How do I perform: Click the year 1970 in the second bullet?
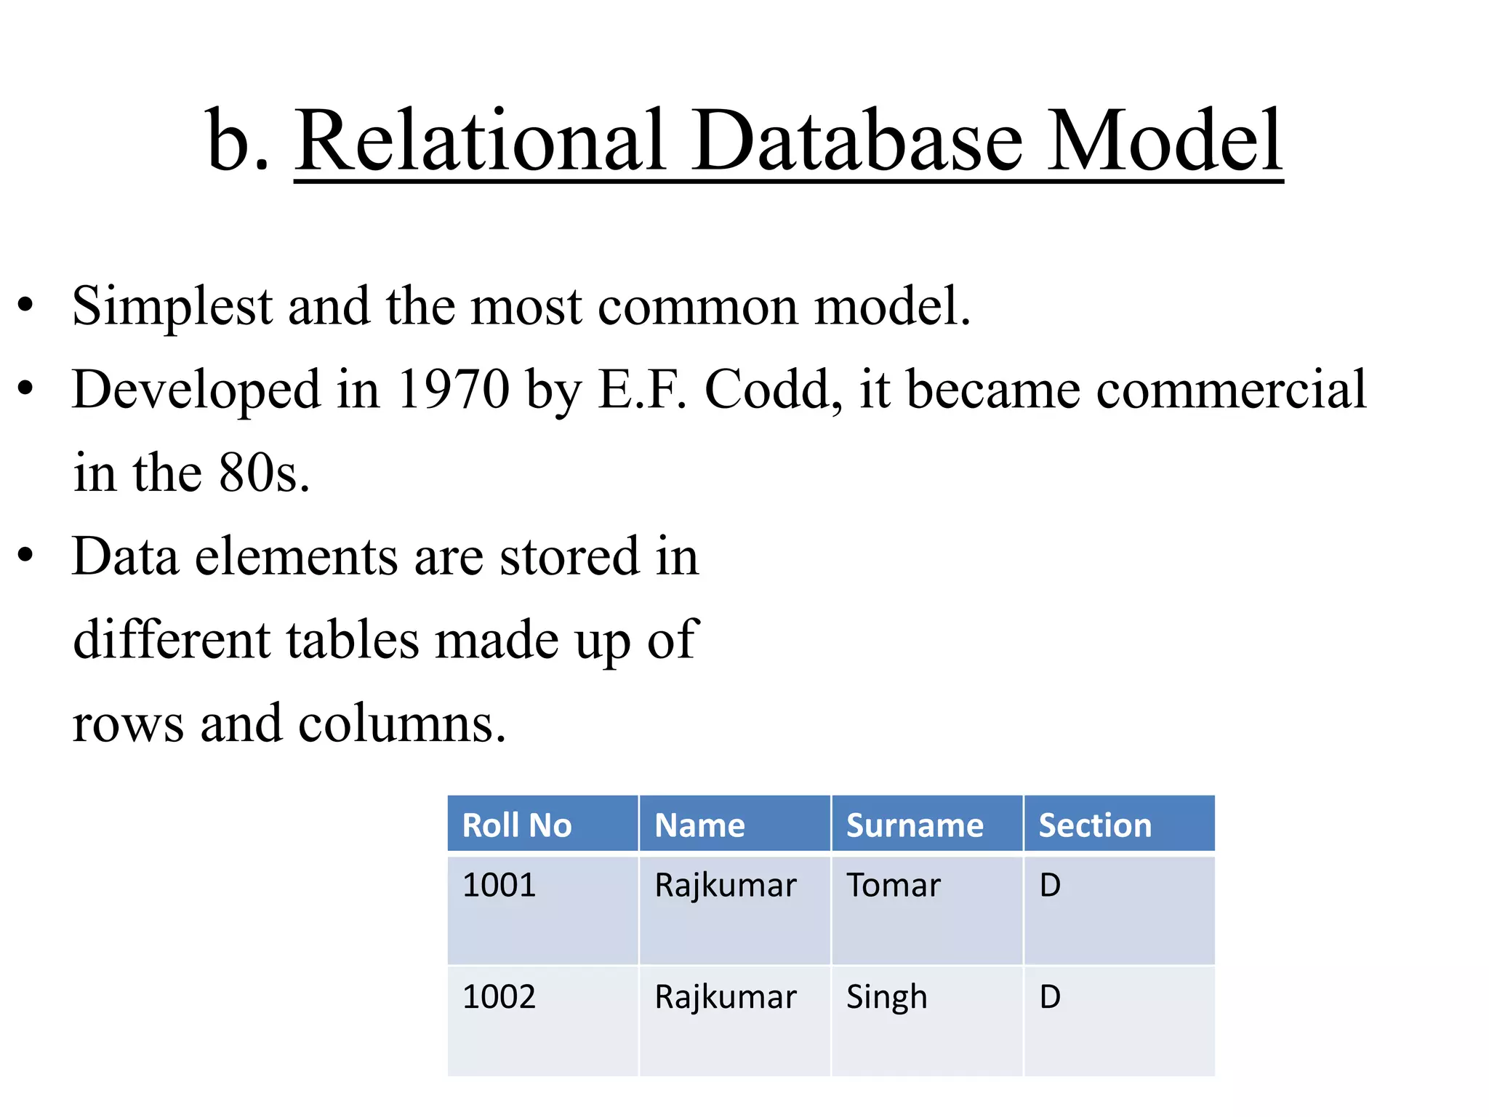pos(454,389)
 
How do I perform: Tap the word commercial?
pos(1232,389)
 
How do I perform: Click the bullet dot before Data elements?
pos(26,557)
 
